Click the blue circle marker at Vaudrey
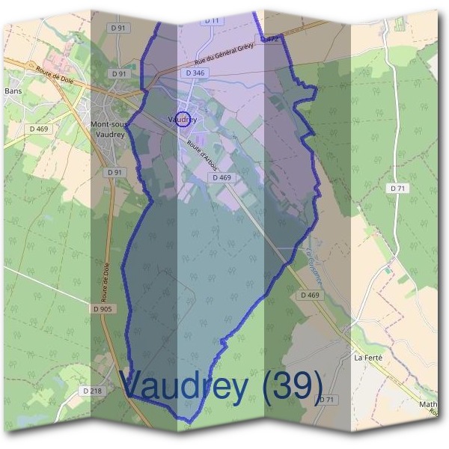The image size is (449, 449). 182,120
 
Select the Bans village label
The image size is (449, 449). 13,91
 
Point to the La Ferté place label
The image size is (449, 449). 367,358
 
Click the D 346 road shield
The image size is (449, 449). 195,73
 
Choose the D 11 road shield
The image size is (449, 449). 213,21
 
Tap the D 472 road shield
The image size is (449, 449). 269,38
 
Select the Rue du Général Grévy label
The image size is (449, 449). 224,54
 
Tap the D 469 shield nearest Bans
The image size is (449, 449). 39,129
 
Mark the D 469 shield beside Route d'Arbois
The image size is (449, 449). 222,177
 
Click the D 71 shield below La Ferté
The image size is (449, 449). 326,400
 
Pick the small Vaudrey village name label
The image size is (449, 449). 183,119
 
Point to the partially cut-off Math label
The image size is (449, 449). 430,405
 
